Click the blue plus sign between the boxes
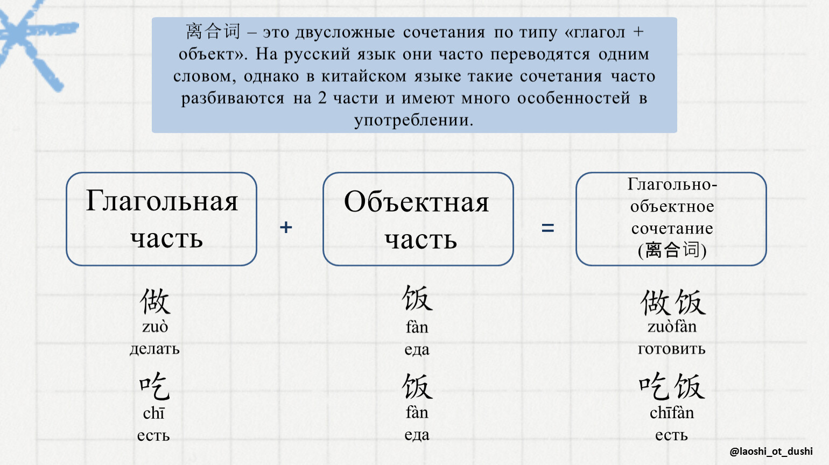pyautogui.click(x=286, y=227)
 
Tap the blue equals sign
pyautogui.click(x=548, y=228)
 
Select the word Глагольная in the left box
pyautogui.click(x=161, y=201)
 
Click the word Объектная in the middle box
pyautogui.click(x=417, y=202)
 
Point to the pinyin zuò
pyautogui.click(x=155, y=327)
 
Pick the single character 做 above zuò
pyautogui.click(x=155, y=301)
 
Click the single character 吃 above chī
pyautogui.click(x=154, y=386)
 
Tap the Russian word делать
pyautogui.click(x=154, y=349)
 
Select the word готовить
pyautogui.click(x=672, y=349)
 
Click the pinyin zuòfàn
pyautogui.click(x=672, y=327)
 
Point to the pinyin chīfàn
pyautogui.click(x=672, y=412)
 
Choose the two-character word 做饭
pyautogui.click(x=673, y=302)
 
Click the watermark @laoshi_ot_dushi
pyautogui.click(x=771, y=452)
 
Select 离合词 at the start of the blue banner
pyautogui.click(x=213, y=31)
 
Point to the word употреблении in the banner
pyautogui.click(x=414, y=121)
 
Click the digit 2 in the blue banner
pyautogui.click(x=322, y=98)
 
